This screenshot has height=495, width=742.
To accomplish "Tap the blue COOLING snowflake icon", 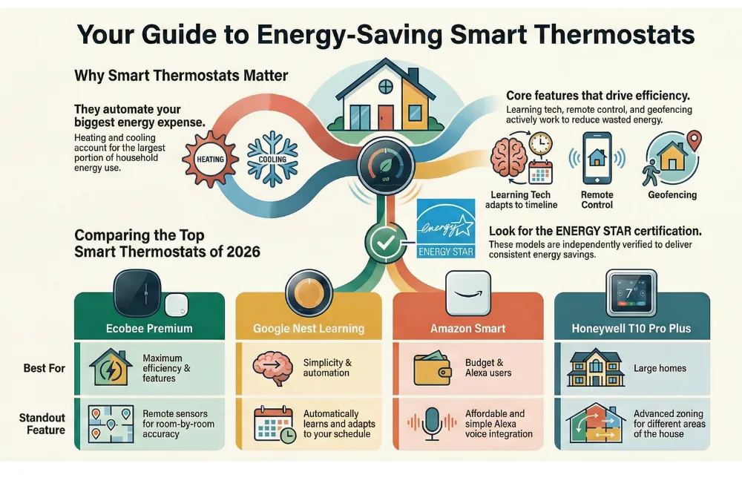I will [272, 158].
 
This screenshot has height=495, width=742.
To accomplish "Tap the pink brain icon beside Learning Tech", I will [509, 156].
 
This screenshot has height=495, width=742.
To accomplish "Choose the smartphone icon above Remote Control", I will [597, 157].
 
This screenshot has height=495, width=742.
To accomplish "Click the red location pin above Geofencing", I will [694, 139].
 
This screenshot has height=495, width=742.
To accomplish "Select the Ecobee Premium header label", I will [149, 328].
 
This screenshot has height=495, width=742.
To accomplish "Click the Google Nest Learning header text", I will [308, 328].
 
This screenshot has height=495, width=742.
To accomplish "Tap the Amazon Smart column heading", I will [467, 328].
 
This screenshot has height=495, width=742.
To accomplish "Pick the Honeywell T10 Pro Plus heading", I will [631, 328].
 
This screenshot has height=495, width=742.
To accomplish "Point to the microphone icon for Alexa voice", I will [430, 423].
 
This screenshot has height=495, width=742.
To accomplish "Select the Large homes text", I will [659, 367].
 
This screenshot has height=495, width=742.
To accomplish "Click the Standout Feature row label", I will [42, 424].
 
